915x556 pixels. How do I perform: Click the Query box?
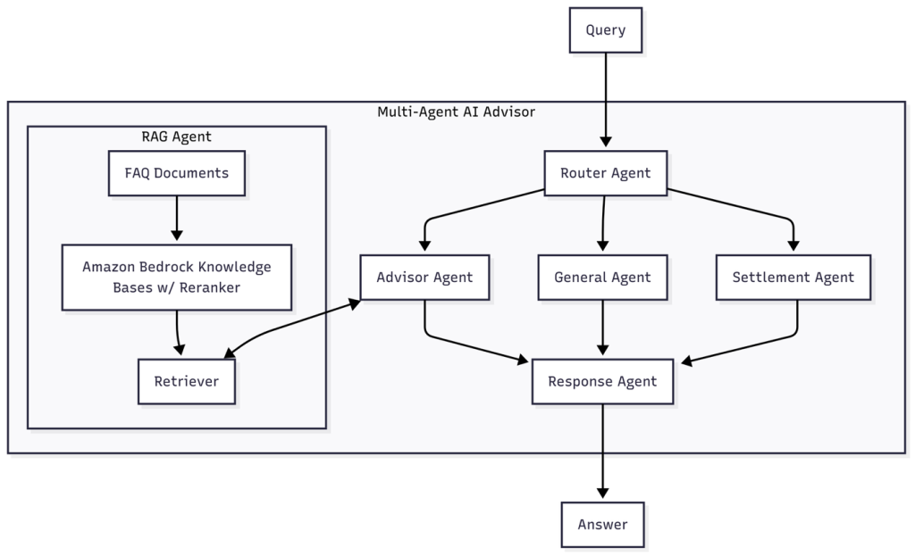(605, 30)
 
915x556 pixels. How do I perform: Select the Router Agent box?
(605, 173)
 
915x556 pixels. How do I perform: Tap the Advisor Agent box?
(424, 277)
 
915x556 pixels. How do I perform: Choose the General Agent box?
(602, 277)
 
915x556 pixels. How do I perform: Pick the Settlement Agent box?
(793, 277)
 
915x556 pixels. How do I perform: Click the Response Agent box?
(602, 381)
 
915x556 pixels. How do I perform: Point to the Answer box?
(602, 524)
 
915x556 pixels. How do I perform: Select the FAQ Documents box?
(176, 173)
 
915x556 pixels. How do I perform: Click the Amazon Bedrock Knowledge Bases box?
(176, 277)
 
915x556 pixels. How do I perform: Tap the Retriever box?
(186, 381)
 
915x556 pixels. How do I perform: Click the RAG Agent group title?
(176, 137)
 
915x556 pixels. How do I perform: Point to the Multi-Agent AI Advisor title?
(456, 112)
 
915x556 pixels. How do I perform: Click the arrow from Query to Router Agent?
(606, 98)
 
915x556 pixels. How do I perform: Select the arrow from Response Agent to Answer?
(602, 451)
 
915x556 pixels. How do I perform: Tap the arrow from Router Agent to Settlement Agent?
(742, 207)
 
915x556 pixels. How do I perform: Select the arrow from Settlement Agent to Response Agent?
(768, 343)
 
